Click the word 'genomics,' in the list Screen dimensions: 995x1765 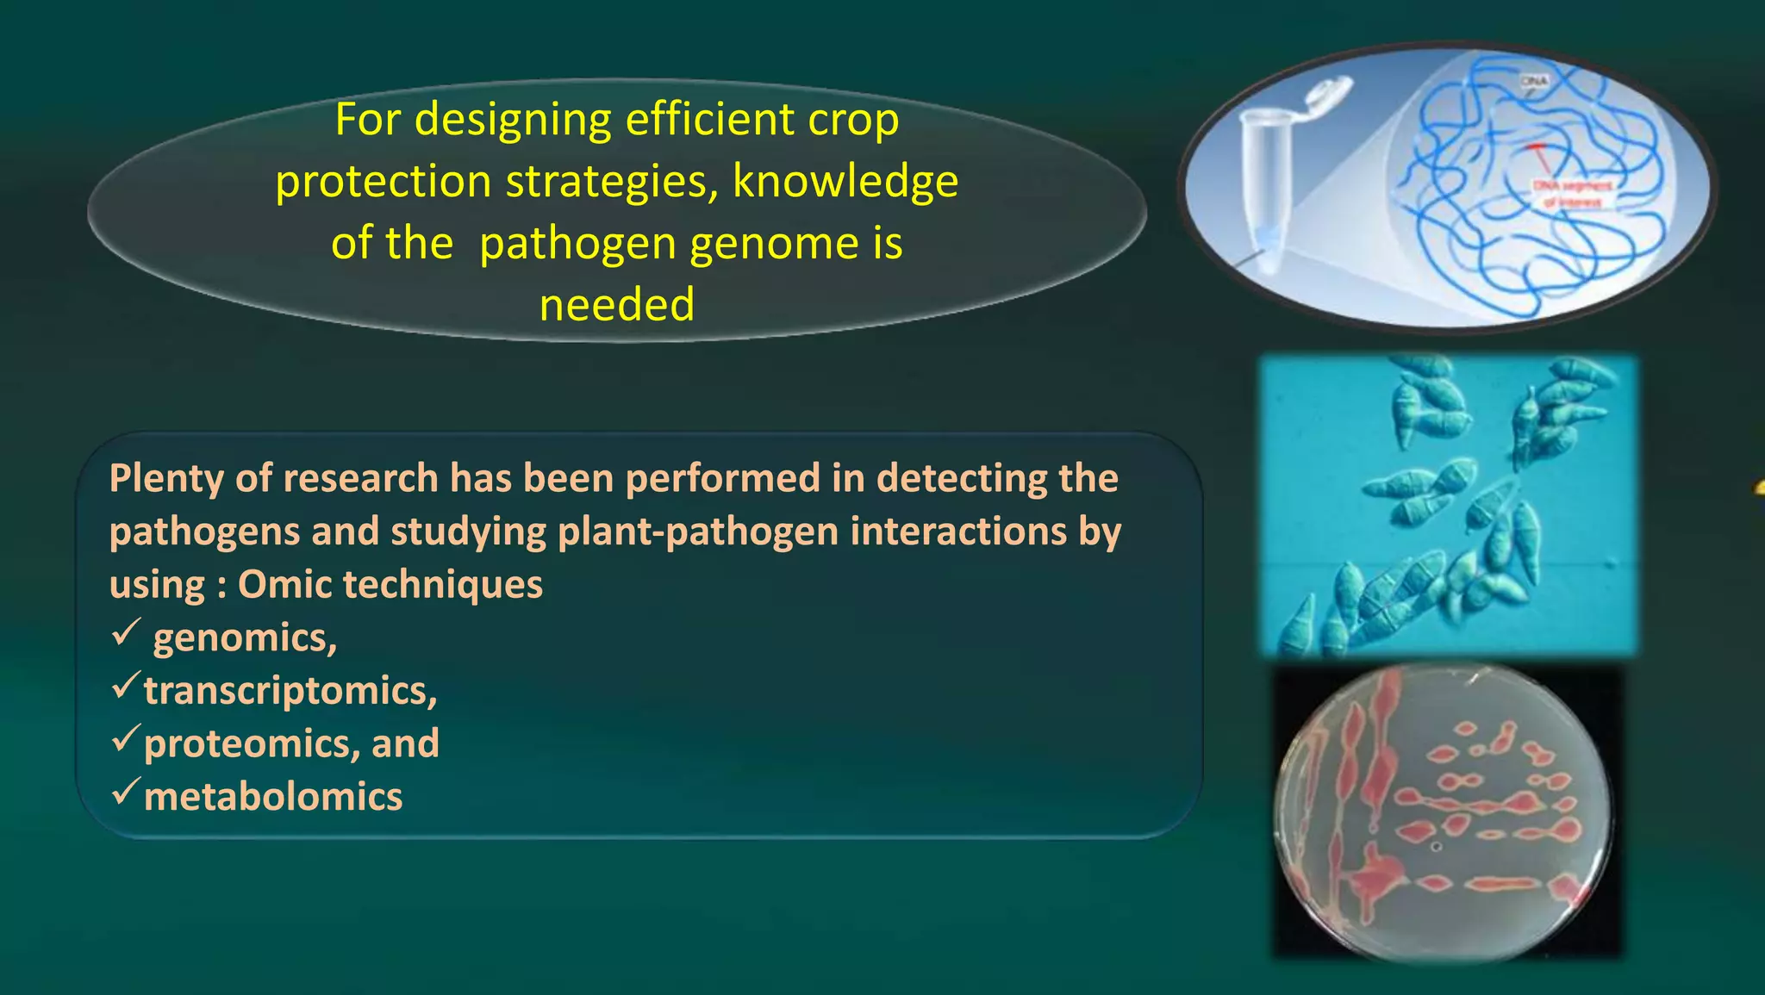tap(245, 638)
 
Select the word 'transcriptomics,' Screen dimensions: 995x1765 tap(290, 691)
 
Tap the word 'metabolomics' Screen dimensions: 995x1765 tap(273, 797)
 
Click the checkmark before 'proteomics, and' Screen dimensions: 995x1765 tap(125, 739)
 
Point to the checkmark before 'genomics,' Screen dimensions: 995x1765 tap(125, 633)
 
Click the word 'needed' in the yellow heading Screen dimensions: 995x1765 tap(617, 305)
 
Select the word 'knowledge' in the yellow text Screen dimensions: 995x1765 tap(845, 182)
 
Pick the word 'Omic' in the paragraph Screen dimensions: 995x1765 tap(284, 585)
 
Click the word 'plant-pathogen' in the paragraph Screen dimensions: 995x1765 tap(698, 532)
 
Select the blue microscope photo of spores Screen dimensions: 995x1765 tap(1448, 506)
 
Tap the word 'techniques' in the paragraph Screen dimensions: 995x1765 tap(443, 585)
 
